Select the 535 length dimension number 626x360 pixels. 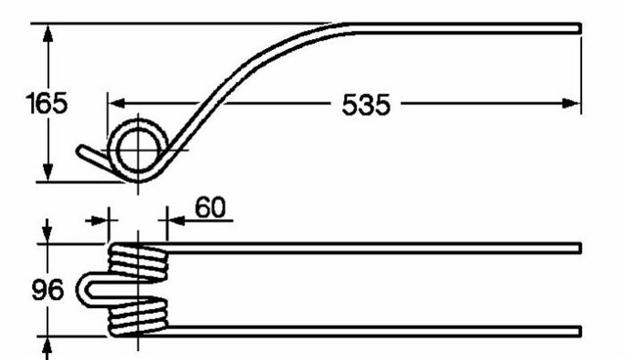[366, 104]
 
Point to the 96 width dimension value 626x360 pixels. [45, 291]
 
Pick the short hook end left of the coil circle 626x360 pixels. [92, 157]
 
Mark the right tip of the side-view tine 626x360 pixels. [579, 28]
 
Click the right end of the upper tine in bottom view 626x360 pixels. [579, 247]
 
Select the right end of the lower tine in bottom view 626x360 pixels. [579, 329]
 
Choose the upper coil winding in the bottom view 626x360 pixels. [138, 261]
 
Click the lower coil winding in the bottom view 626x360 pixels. [138, 318]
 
